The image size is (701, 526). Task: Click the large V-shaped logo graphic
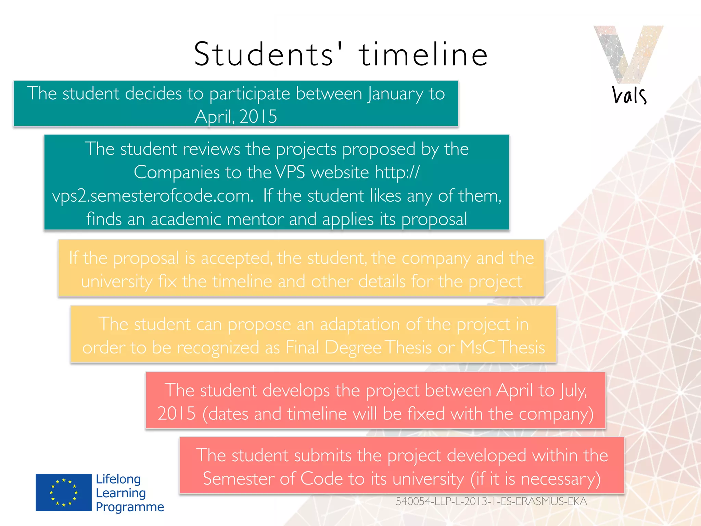[x=628, y=53]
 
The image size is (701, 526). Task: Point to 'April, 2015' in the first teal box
[x=236, y=116]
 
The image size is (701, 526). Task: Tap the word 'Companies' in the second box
[x=176, y=172]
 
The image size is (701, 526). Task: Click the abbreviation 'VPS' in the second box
[x=290, y=172]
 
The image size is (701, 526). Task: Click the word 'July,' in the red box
[x=574, y=390]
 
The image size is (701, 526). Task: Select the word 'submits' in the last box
[x=322, y=455]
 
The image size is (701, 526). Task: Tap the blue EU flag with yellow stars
[x=64, y=492]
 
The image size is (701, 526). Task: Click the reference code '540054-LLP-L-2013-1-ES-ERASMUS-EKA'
[x=491, y=501]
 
